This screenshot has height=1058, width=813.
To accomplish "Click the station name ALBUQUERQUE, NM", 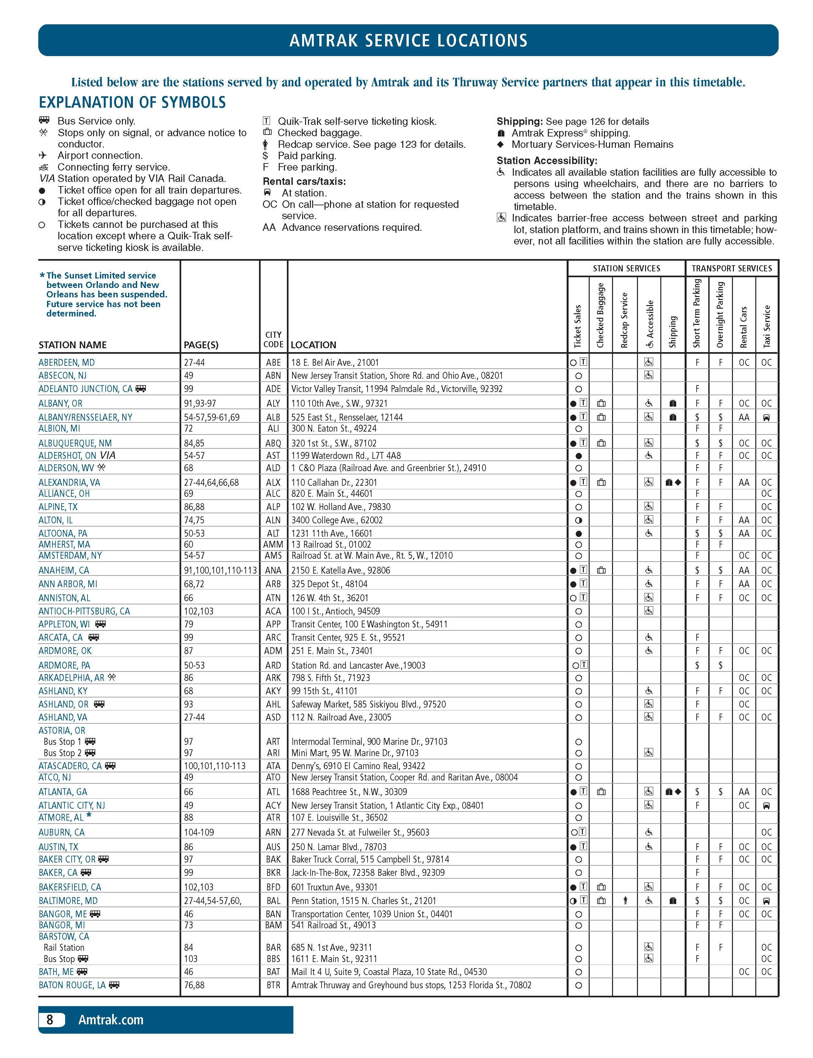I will tap(75, 443).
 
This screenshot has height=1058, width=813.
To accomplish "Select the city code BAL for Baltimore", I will tap(273, 901).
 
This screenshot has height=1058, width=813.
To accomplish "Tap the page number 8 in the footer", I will tap(50, 1019).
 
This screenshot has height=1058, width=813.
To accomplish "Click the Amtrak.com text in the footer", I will tap(111, 1020).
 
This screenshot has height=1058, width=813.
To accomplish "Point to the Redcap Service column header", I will tap(624, 320).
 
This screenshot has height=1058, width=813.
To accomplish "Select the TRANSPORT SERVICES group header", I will tap(731, 268).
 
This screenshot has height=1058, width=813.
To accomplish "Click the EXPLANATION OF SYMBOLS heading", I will tap(132, 102).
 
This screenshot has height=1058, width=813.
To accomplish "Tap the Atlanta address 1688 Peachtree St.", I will tap(349, 792).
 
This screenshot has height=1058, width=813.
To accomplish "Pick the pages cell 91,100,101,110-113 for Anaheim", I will tap(220, 570).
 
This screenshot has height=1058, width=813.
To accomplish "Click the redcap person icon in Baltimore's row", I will tap(625, 901).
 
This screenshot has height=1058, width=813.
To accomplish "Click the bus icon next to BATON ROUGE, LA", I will tap(114, 985).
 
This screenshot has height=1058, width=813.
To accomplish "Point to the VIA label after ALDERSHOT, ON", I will tap(107, 456).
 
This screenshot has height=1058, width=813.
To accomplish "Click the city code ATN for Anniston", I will tap(273, 598).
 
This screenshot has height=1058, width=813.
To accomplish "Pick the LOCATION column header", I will tap(313, 345).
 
